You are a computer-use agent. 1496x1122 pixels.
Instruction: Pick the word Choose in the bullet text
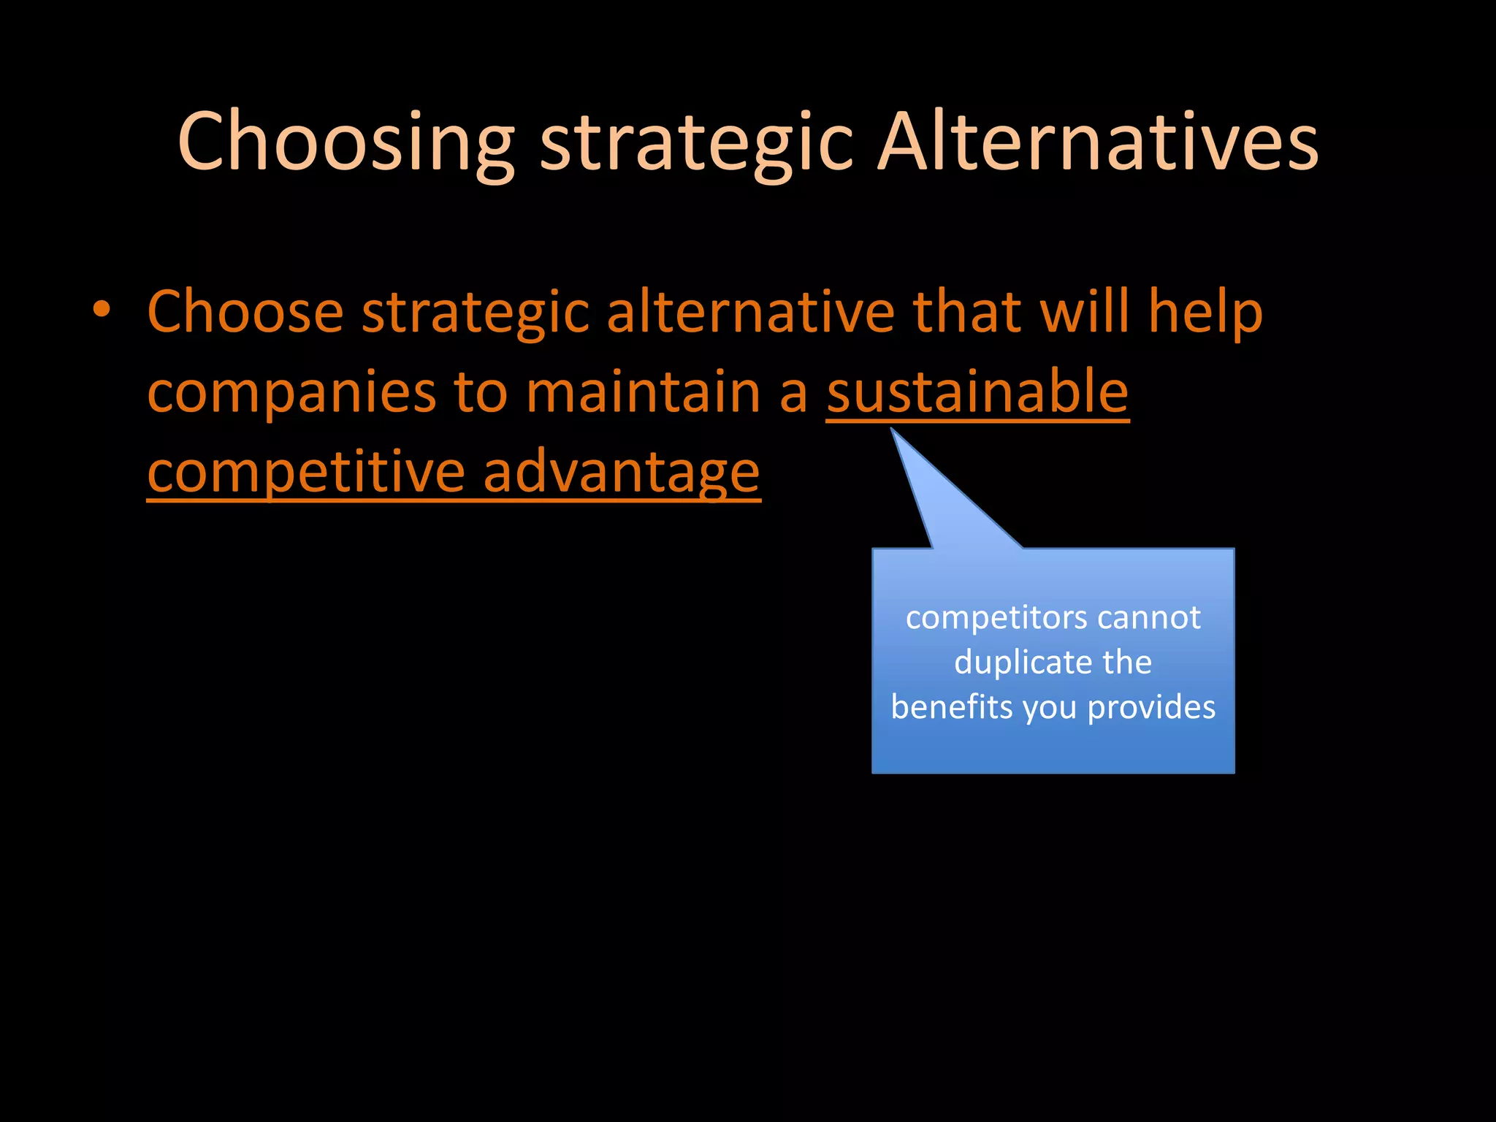click(245, 312)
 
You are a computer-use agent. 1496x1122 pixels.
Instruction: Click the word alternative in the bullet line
click(751, 312)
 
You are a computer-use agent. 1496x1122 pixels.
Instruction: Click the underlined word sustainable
click(977, 392)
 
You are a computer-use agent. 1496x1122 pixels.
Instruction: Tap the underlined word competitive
click(306, 473)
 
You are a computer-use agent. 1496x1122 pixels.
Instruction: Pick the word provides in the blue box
click(1151, 707)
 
